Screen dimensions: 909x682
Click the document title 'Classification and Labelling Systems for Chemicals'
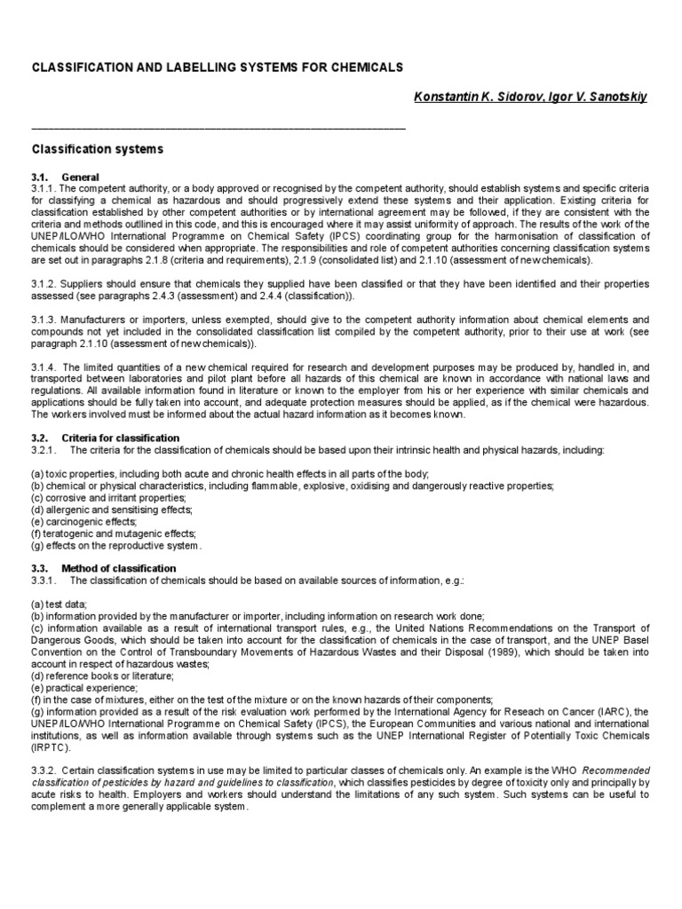tap(218, 67)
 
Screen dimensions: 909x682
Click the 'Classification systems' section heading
tap(98, 149)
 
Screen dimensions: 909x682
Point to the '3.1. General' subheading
tap(67, 178)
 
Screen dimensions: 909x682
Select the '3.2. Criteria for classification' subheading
tap(106, 439)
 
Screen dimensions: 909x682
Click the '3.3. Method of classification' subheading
tap(104, 568)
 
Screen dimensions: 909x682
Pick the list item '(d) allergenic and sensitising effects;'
tap(112, 510)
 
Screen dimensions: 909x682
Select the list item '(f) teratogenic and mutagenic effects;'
tap(114, 534)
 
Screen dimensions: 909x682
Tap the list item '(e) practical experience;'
tap(85, 689)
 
